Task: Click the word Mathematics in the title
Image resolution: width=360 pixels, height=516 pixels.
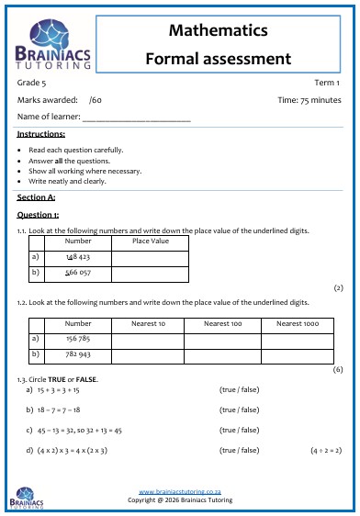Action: tap(219, 31)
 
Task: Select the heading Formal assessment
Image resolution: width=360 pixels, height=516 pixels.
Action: tap(219, 59)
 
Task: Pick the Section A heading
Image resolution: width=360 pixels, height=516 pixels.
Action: tap(36, 196)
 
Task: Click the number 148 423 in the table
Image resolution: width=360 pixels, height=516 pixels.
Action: tap(78, 258)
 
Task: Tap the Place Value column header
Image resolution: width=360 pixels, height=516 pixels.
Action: tap(151, 241)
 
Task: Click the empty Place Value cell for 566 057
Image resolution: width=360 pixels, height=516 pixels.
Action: tap(151, 274)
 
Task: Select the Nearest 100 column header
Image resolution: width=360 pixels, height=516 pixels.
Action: tap(222, 323)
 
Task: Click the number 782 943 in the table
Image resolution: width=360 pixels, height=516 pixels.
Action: tap(78, 353)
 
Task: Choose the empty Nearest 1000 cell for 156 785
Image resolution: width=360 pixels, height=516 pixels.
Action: tap(299, 339)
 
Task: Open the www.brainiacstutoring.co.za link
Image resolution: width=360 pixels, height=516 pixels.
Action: tap(179, 492)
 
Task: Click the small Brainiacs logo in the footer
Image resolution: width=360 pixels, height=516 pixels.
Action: tap(27, 499)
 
